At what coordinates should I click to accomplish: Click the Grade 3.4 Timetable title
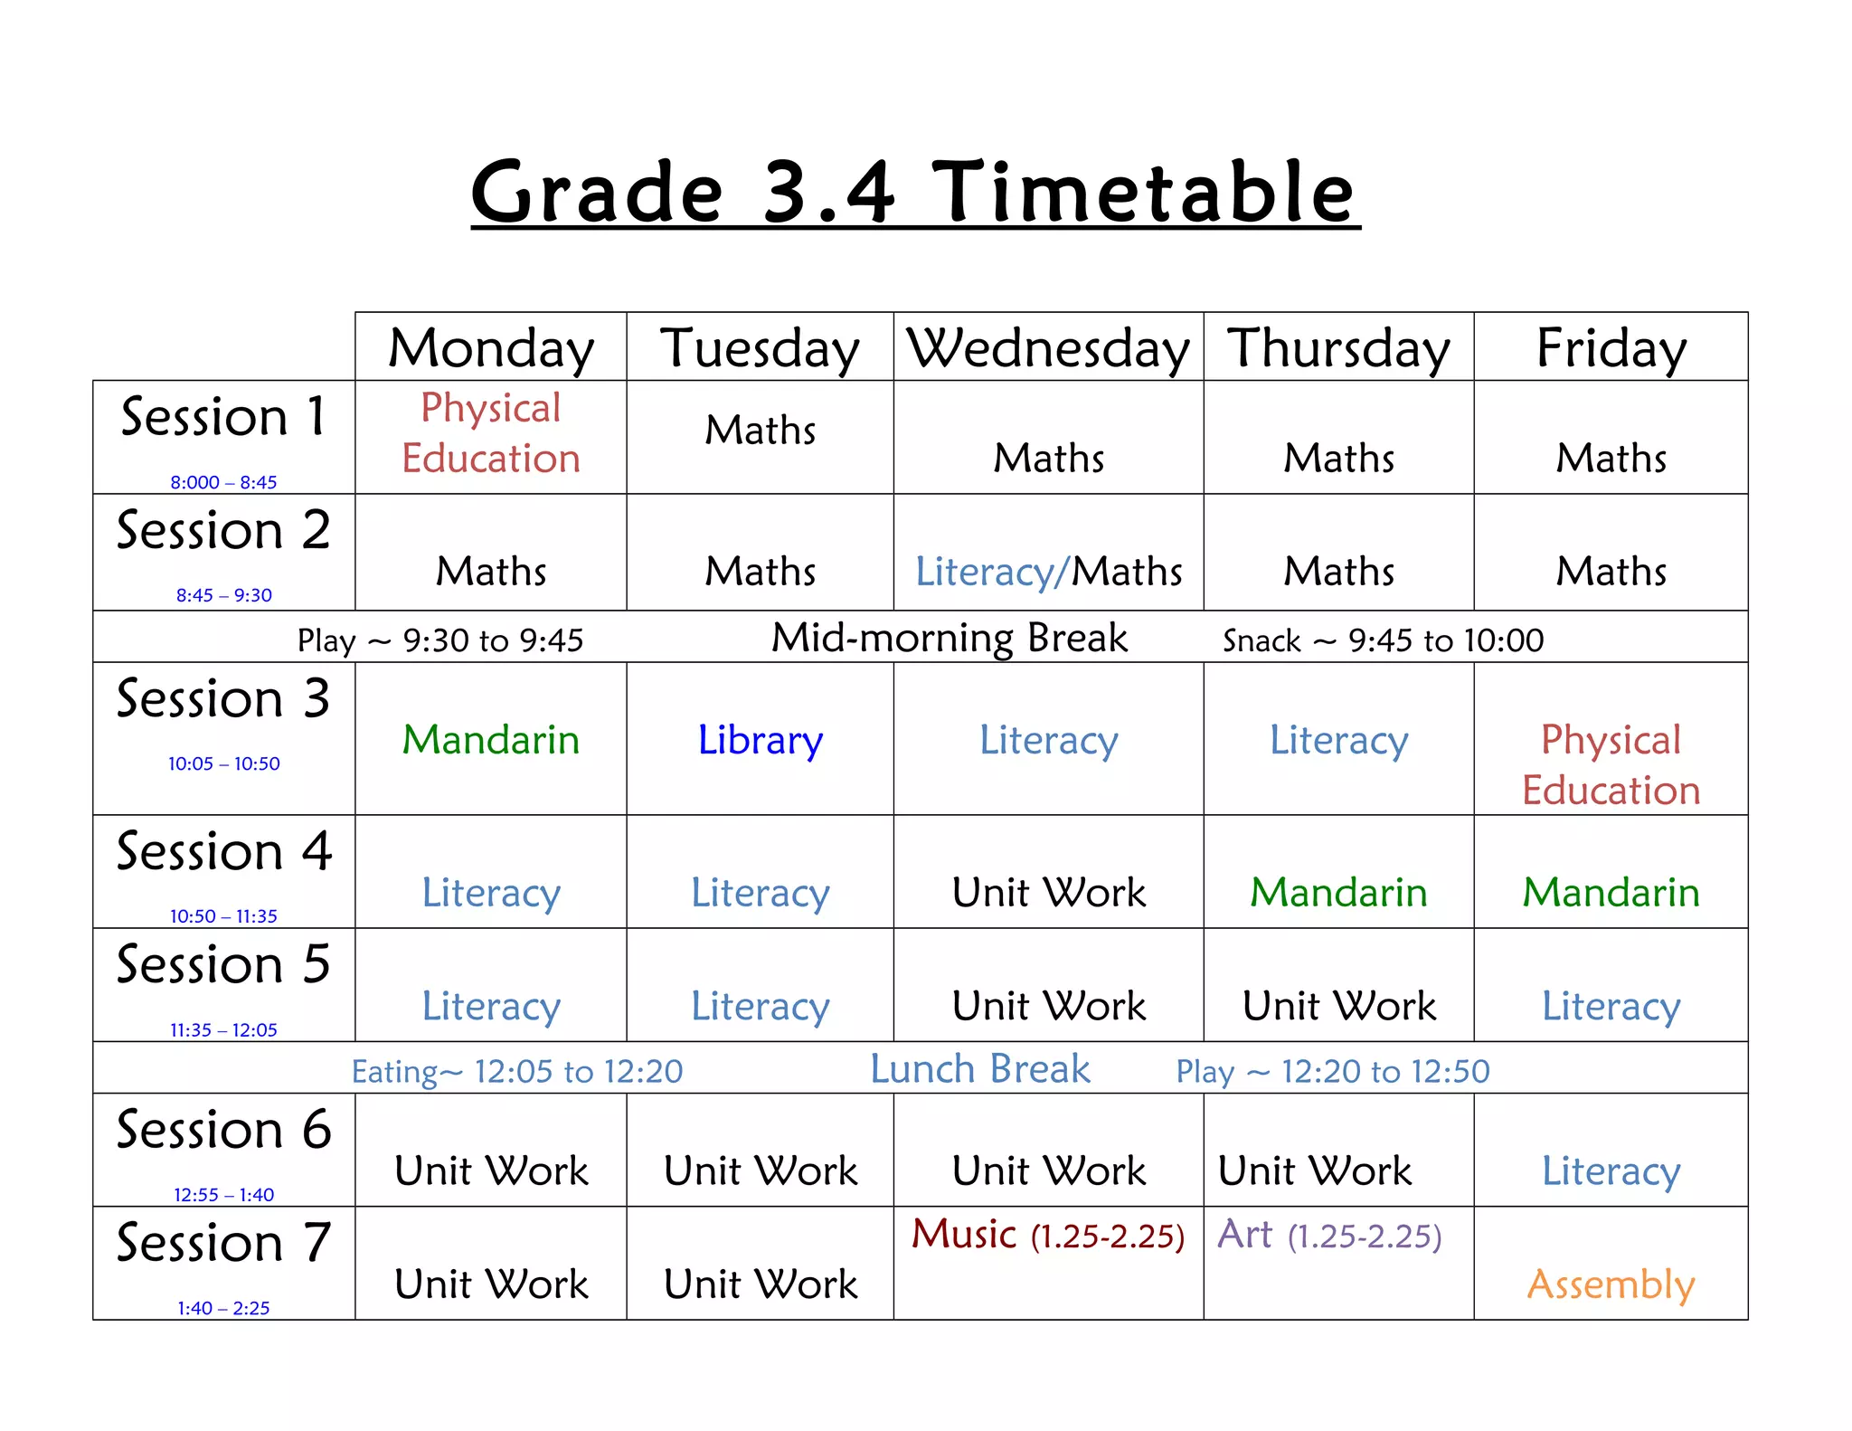click(x=915, y=192)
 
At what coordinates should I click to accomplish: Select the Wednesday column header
click(x=1048, y=348)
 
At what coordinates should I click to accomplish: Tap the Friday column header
click(x=1611, y=348)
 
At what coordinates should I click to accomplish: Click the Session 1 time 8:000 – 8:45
click(x=223, y=482)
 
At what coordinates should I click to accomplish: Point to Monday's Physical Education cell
click(x=491, y=433)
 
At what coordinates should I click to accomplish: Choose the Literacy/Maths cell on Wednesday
click(x=1048, y=572)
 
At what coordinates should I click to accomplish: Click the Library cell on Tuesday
click(x=760, y=740)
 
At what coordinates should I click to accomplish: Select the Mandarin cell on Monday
click(x=491, y=740)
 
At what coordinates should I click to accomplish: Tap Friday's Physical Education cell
click(x=1611, y=764)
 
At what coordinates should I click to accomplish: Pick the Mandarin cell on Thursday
click(x=1338, y=893)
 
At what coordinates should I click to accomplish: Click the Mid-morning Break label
click(x=949, y=638)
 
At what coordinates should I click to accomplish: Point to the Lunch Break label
click(x=980, y=1069)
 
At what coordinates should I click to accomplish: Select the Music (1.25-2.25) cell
click(x=1048, y=1236)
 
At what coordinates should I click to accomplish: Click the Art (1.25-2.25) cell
click(x=1329, y=1236)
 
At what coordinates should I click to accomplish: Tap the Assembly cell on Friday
click(x=1611, y=1284)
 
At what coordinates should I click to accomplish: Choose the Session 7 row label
click(x=223, y=1243)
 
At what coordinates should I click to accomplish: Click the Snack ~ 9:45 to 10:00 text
click(x=1383, y=640)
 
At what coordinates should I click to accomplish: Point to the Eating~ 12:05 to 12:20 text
click(x=517, y=1072)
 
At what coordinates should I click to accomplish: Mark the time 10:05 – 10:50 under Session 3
click(x=223, y=763)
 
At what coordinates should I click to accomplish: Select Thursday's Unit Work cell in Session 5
click(x=1338, y=1006)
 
